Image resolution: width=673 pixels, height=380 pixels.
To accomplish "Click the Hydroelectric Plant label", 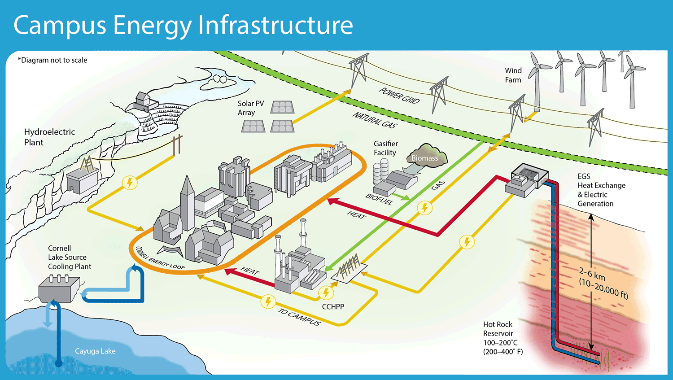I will tap(49, 137).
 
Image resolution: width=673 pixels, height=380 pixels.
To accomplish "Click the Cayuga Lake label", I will tap(95, 351).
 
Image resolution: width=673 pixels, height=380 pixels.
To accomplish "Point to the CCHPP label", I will tap(333, 307).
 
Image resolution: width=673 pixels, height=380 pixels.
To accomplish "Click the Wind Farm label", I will tap(513, 75).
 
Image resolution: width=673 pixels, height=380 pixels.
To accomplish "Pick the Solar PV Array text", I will tap(251, 108).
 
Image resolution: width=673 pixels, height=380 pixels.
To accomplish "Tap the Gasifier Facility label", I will tap(385, 148).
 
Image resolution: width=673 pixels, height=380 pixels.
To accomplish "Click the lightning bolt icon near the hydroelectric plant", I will tap(130, 183).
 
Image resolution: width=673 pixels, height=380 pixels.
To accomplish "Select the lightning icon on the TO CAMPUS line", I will tap(268, 301).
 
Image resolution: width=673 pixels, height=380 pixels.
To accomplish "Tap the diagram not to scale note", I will tap(52, 60).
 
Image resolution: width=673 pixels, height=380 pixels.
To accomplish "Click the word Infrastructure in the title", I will tap(275, 25).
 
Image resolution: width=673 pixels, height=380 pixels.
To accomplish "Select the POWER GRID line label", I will tap(399, 96).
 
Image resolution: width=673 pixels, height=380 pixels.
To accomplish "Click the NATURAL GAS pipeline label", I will tap(375, 120).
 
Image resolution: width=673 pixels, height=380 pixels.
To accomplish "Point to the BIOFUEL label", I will tap(379, 199).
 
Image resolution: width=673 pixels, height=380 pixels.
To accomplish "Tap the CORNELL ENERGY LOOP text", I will tap(160, 258).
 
